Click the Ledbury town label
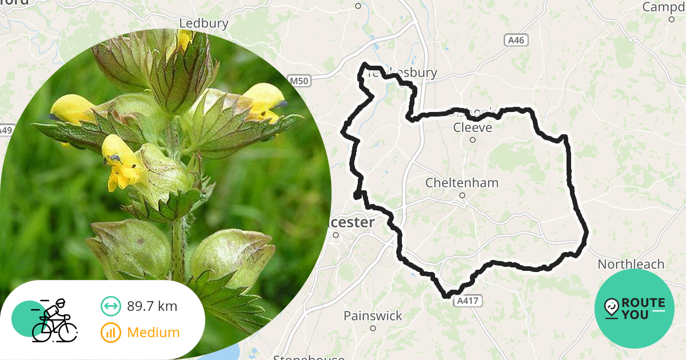(204, 23)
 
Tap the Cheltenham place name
(462, 183)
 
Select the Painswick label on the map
(373, 315)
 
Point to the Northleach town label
(631, 264)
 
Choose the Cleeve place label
(472, 127)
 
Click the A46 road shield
(516, 40)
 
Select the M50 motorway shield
(299, 81)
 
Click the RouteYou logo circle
(635, 309)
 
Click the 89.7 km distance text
(152, 306)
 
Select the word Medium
(153, 332)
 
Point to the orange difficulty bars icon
(110, 332)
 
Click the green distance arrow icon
(110, 306)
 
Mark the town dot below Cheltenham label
(462, 195)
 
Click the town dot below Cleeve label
(473, 139)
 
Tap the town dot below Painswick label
(373, 328)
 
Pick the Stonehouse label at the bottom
(309, 357)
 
